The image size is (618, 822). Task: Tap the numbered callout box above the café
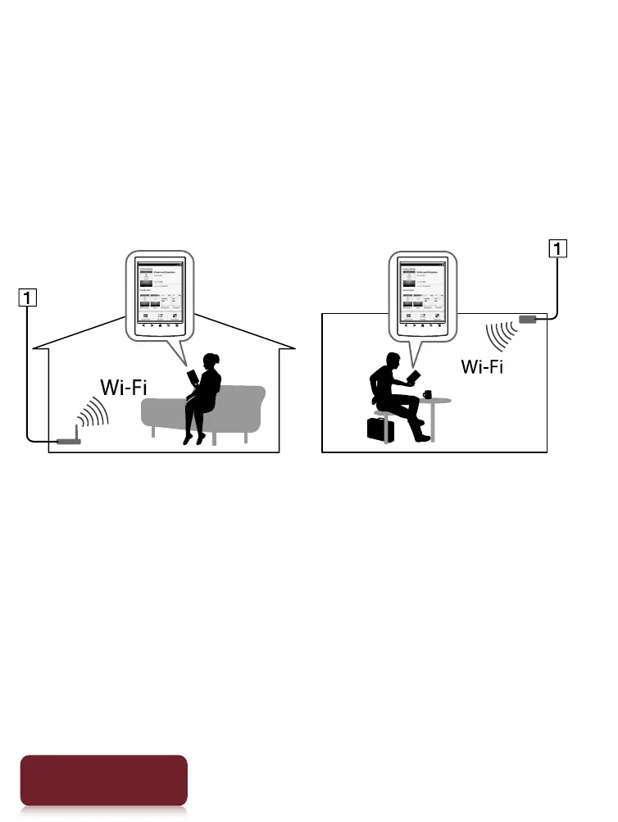point(557,248)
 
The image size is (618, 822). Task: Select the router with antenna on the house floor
point(68,441)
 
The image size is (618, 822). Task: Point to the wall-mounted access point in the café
point(527,319)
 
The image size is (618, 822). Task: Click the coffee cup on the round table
point(427,394)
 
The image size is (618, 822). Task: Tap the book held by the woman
point(193,378)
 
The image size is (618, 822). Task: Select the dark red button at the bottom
point(103,780)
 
